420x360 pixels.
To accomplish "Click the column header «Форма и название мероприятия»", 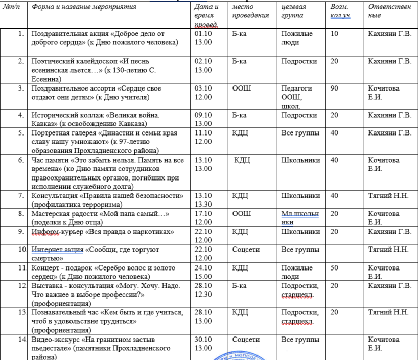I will [x=84, y=7].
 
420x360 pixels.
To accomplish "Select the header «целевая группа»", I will [x=294, y=11].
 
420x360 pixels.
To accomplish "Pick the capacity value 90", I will [x=334, y=88].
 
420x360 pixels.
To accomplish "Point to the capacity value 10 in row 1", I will [x=334, y=34].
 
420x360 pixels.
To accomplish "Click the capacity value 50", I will [x=334, y=267].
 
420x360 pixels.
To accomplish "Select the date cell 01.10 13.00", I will [x=203, y=38].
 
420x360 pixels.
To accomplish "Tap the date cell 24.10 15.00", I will [x=203, y=272].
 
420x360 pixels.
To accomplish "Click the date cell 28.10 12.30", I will [x=204, y=289].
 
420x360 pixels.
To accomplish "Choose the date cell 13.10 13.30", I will [x=204, y=199].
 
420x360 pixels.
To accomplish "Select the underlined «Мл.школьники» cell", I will [x=297, y=218].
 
